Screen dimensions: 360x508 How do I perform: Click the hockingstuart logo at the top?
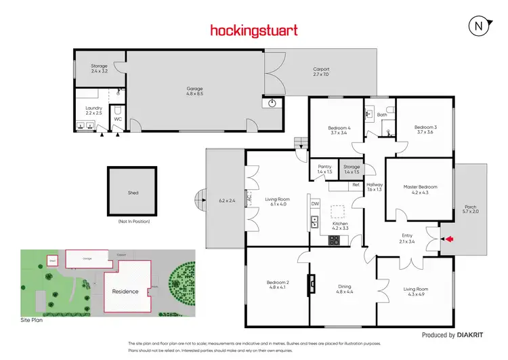pyautogui.click(x=254, y=30)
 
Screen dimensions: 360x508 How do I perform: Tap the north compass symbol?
pyautogui.click(x=479, y=26)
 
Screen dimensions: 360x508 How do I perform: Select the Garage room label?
pyautogui.click(x=195, y=89)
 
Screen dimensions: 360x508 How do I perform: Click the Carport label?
pyautogui.click(x=321, y=68)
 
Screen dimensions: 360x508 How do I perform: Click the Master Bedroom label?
pyautogui.click(x=420, y=187)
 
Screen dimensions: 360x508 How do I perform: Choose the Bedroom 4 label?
pyautogui.click(x=339, y=128)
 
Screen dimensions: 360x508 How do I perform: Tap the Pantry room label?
pyautogui.click(x=324, y=167)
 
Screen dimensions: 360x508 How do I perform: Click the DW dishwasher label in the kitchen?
pyautogui.click(x=315, y=203)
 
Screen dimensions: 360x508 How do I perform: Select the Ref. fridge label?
pyautogui.click(x=356, y=184)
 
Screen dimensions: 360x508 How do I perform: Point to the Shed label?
pyautogui.click(x=133, y=193)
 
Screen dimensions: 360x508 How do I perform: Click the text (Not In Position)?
pyautogui.click(x=133, y=222)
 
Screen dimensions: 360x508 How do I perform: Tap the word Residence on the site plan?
pyautogui.click(x=125, y=292)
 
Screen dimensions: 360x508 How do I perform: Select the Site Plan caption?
pyautogui.click(x=31, y=319)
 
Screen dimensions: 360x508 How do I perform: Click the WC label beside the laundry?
pyautogui.click(x=117, y=119)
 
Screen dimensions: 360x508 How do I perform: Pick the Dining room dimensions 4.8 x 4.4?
pyautogui.click(x=344, y=292)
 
